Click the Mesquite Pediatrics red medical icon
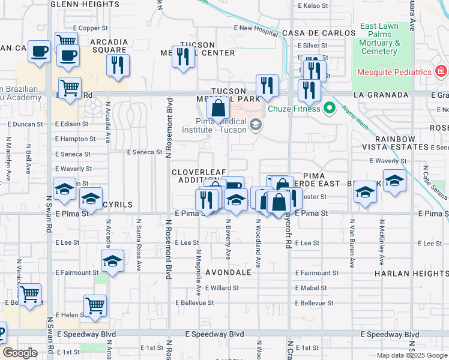[441, 72]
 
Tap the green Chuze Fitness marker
[329, 109]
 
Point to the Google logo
[20, 353]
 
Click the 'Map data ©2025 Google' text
[412, 355]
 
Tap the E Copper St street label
[90, 28]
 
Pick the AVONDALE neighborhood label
[230, 272]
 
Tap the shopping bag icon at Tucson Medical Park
[218, 109]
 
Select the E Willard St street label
[221, 288]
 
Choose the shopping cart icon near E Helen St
[95, 305]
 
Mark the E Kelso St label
[313, 6]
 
